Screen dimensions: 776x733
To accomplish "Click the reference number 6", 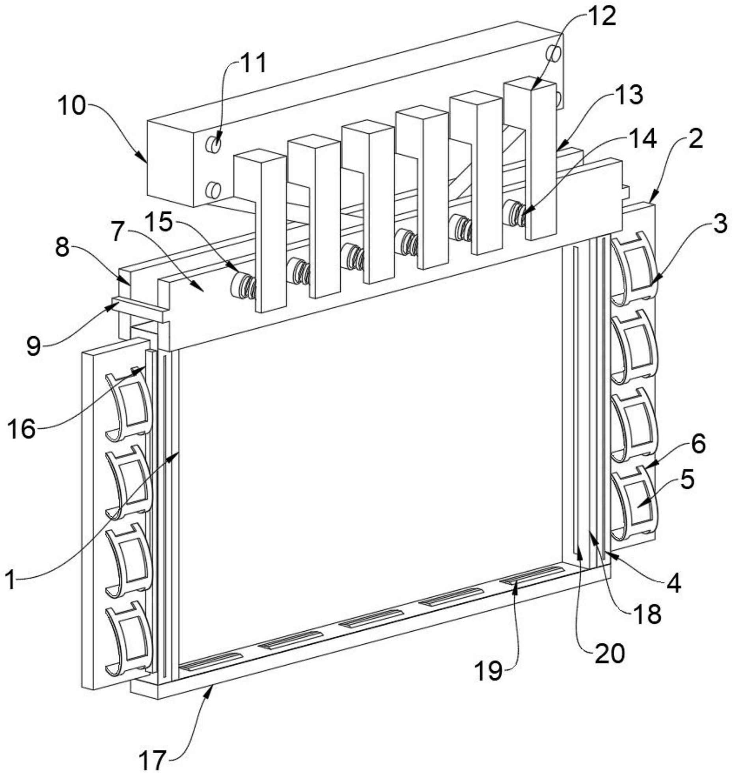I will [x=698, y=443].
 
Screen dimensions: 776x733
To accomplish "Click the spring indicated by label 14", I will [x=517, y=213].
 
